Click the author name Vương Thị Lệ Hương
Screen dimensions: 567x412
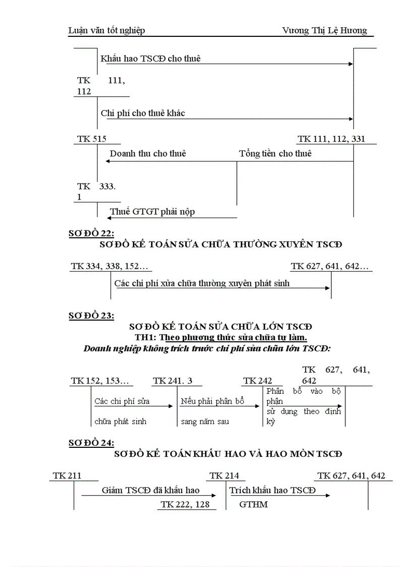point(325,31)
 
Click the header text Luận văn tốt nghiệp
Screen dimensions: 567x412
point(107,31)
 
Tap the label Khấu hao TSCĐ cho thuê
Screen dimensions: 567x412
point(150,59)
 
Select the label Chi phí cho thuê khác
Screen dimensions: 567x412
point(143,113)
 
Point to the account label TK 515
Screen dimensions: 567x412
point(92,139)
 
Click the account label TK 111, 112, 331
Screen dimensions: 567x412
point(331,139)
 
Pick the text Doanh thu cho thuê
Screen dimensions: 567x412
point(148,153)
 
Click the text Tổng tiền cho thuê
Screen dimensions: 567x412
point(275,153)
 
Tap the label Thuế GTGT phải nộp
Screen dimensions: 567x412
point(152,212)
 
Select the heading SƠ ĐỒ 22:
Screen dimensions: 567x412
point(91,233)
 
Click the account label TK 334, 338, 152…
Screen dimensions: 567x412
point(111,267)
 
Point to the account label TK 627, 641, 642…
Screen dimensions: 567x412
point(330,267)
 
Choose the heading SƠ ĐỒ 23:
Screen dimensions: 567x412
point(91,316)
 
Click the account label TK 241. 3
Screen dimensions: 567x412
point(176,381)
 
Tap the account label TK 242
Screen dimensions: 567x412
point(257,381)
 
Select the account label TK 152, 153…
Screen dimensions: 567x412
point(100,381)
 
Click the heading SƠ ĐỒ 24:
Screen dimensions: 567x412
point(91,443)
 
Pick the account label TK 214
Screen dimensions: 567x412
point(225,476)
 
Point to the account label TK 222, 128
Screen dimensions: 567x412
point(185,504)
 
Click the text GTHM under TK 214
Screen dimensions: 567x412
point(253,504)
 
